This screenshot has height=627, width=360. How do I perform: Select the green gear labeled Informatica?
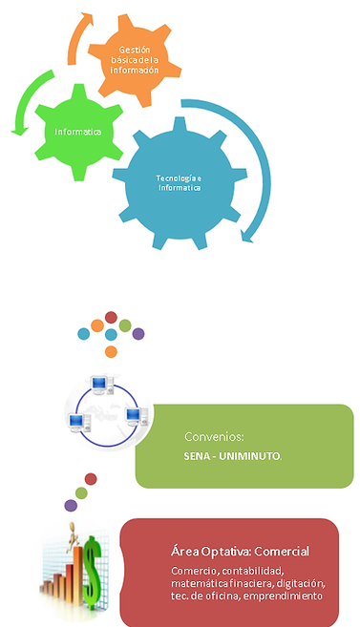click(x=76, y=132)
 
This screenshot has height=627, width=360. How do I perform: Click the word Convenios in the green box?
click(x=209, y=437)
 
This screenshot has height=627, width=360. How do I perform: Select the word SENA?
click(x=200, y=456)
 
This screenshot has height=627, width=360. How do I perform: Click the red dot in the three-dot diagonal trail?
click(x=91, y=478)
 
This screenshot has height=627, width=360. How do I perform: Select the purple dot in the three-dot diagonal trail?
click(x=70, y=504)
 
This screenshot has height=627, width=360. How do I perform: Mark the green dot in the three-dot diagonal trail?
click(x=80, y=492)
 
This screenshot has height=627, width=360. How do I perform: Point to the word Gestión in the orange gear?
click(x=135, y=50)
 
